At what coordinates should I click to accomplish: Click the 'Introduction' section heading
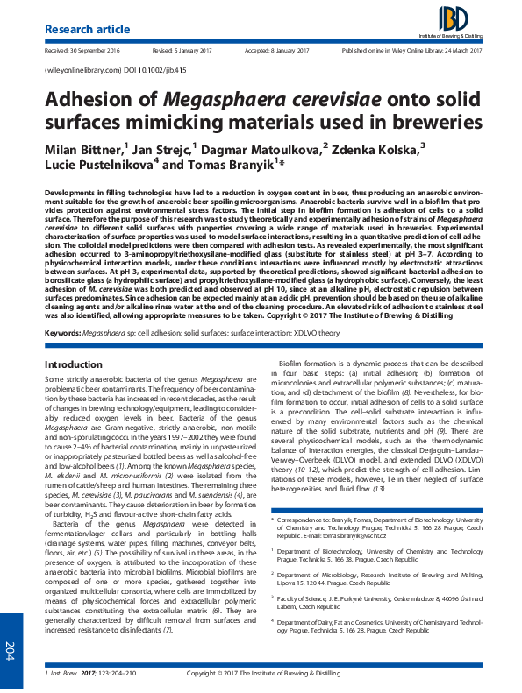74,338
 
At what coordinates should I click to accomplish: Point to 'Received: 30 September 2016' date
86,52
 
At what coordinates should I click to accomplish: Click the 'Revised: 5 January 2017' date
184,52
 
